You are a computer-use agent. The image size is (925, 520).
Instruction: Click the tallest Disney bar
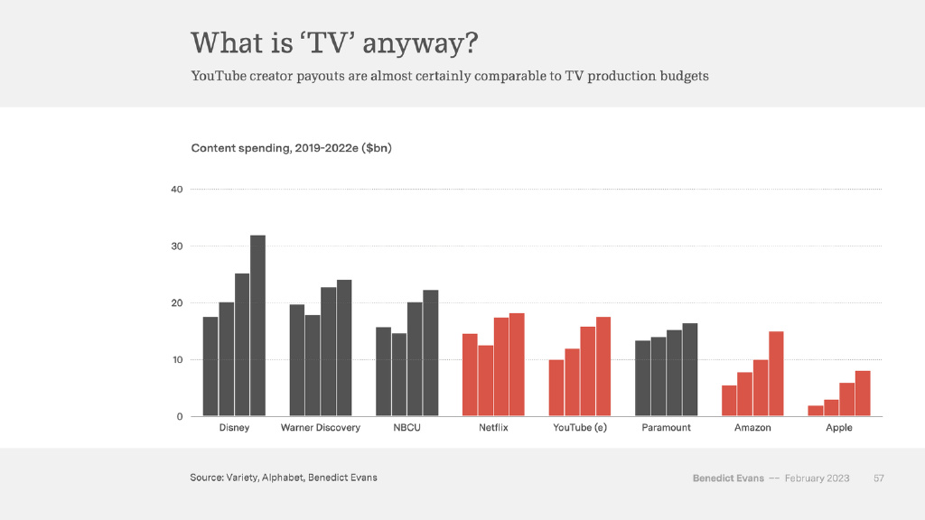coord(257,325)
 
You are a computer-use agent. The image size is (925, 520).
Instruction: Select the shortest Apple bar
coord(816,411)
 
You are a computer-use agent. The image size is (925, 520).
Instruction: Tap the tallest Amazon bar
coord(776,374)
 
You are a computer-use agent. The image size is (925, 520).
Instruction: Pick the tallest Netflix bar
coord(517,365)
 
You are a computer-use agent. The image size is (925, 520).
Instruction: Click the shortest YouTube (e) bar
coord(556,388)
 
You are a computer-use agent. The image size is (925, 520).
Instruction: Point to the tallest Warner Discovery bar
coord(344,348)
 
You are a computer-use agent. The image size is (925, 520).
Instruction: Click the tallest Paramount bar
coord(689,369)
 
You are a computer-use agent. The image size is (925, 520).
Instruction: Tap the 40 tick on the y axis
coord(176,190)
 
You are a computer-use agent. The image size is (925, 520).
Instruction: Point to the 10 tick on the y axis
coord(176,359)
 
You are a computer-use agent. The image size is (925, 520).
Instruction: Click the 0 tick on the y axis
coord(179,416)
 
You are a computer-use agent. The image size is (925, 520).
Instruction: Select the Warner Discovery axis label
coord(321,428)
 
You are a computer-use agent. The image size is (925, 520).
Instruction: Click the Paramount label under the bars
coord(666,428)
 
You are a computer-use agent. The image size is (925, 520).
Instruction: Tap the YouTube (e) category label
coord(580,428)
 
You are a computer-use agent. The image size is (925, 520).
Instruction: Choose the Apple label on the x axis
coord(838,428)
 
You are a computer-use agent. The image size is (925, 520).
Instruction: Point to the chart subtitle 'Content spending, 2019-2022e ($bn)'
coord(291,148)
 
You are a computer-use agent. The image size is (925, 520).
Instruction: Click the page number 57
coord(878,478)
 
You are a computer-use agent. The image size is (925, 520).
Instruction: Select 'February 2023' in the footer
coord(817,478)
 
